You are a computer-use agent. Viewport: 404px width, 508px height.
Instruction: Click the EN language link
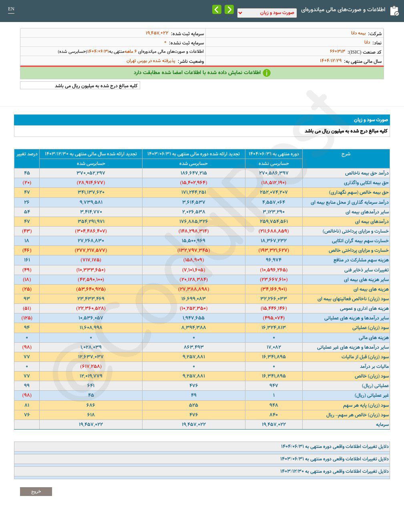pos(11,9)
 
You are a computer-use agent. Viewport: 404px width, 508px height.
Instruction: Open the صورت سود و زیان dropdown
pos(267,13)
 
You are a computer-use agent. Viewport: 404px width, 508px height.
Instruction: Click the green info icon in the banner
pos(267,73)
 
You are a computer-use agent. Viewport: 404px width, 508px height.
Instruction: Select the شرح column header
pos(346,154)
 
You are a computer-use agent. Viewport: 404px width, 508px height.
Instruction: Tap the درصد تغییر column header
pos(27,154)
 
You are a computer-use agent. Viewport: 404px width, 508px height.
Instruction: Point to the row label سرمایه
pos(382,424)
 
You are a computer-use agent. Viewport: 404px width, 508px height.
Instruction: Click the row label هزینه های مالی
pos(373,337)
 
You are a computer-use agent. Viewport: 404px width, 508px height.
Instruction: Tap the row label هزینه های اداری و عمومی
pos(364,309)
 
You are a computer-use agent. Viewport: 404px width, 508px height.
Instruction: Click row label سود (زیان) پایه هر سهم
pos(366,405)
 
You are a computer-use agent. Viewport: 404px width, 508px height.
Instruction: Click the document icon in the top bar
pos(394,10)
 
